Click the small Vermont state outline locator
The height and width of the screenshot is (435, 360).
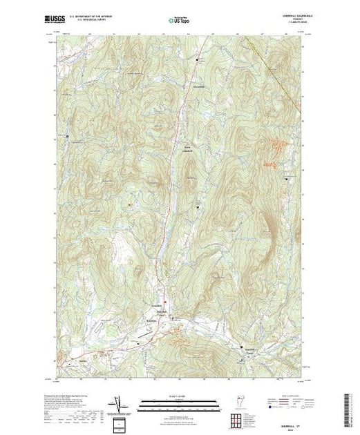(240, 402)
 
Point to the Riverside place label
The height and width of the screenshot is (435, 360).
(150, 322)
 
